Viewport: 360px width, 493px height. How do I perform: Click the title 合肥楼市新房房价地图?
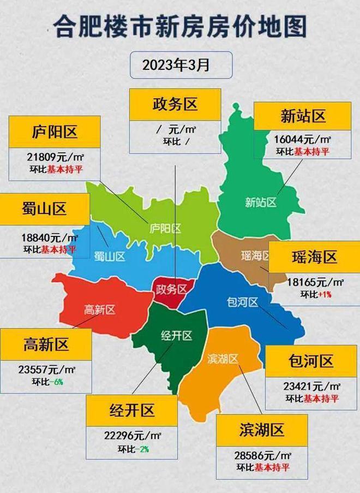(180, 26)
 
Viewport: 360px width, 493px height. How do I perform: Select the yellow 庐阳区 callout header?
(55, 132)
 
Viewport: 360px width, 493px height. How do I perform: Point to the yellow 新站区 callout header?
(303, 116)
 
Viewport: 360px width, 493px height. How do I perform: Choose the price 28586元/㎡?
(262, 454)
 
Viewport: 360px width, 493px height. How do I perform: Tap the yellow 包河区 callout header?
(311, 361)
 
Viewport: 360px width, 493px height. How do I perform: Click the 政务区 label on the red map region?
(171, 288)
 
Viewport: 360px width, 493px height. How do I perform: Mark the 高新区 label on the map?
(99, 310)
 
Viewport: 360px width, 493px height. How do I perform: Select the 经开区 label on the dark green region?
(176, 336)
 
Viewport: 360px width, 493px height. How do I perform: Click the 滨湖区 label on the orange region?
(223, 359)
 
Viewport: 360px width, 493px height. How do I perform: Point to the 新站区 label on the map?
(260, 203)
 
